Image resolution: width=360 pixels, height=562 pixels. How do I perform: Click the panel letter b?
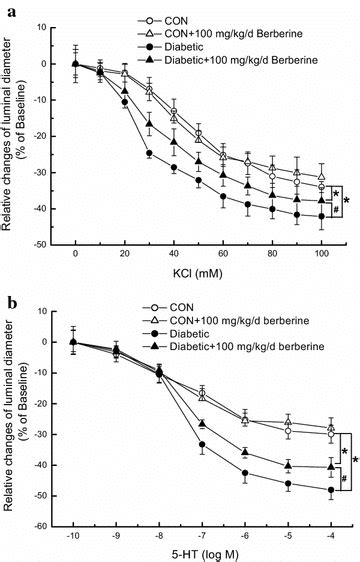point(8,293)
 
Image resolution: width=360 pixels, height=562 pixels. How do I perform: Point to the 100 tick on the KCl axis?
point(321,254)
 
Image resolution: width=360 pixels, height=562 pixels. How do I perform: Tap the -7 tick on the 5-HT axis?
point(202,537)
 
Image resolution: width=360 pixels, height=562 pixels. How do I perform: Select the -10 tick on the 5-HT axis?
point(75,537)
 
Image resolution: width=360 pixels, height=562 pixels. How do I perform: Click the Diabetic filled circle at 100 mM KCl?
point(321,216)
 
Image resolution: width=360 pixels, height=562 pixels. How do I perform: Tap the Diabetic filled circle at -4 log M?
point(330,490)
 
